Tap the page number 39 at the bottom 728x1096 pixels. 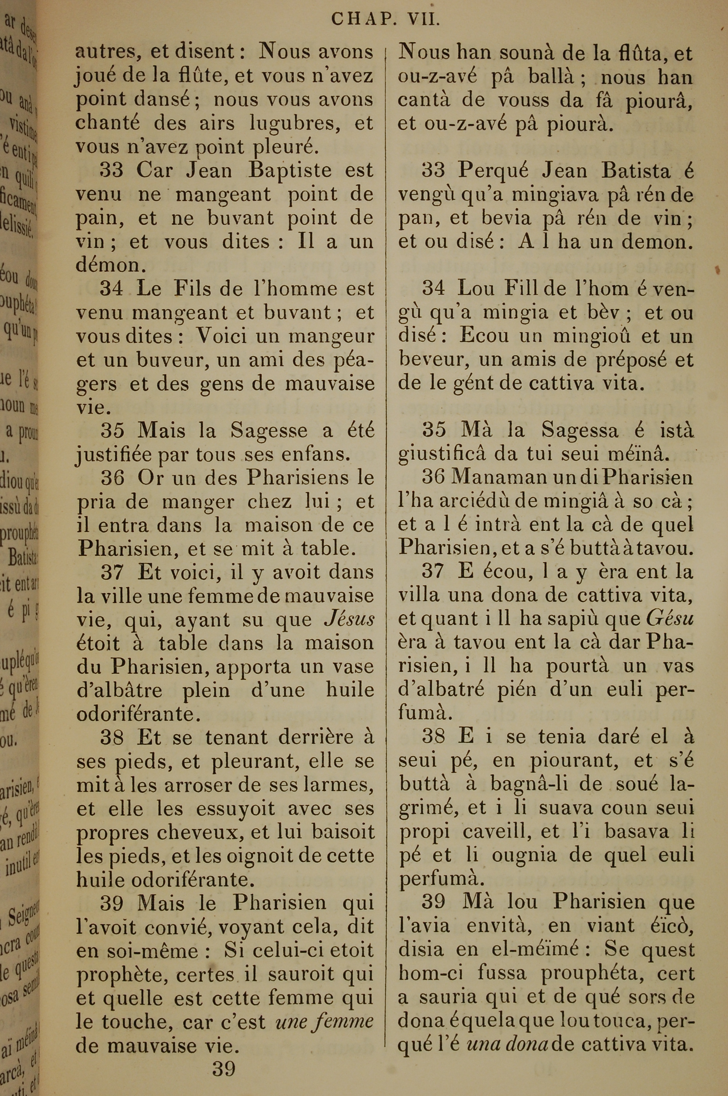[224, 1056]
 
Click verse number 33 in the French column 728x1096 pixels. [111, 171]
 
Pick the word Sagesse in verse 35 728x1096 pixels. [269, 431]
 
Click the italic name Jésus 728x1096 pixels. [349, 619]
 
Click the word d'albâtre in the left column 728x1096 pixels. [120, 690]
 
